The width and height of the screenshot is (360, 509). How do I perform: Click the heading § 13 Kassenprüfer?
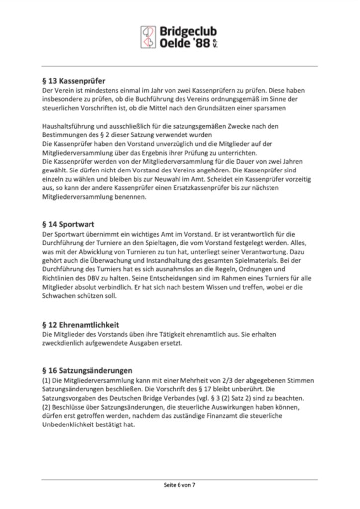(x=74, y=81)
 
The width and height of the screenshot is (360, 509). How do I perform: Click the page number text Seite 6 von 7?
(x=180, y=484)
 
